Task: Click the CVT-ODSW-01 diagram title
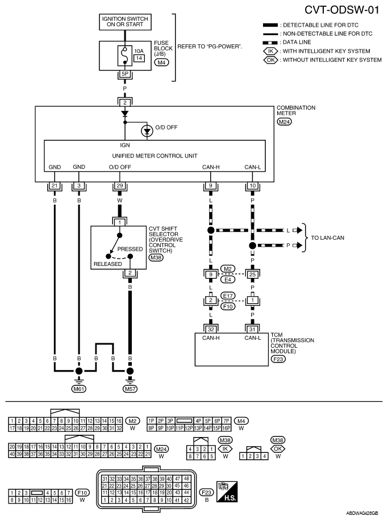pos(341,10)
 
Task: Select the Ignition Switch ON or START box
pos(125,22)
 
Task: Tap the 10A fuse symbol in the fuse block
pos(124,56)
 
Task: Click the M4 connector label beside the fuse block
pos(161,62)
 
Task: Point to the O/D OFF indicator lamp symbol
pos(147,131)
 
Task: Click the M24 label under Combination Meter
pos(284,122)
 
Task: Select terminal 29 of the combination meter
pos(120,186)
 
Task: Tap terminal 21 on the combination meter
pos(55,186)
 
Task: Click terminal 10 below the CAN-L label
pos(252,186)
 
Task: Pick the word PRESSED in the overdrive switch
pos(130,249)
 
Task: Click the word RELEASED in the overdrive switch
pos(107,264)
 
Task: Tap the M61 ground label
pos(79,389)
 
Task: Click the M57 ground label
pos(130,389)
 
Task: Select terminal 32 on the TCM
pos(211,329)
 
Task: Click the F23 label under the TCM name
pos(278,359)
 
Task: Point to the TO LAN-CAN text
pos(328,238)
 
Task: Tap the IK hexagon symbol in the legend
pos(270,51)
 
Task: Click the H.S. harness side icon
pos(227,492)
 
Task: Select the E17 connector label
pos(228,296)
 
